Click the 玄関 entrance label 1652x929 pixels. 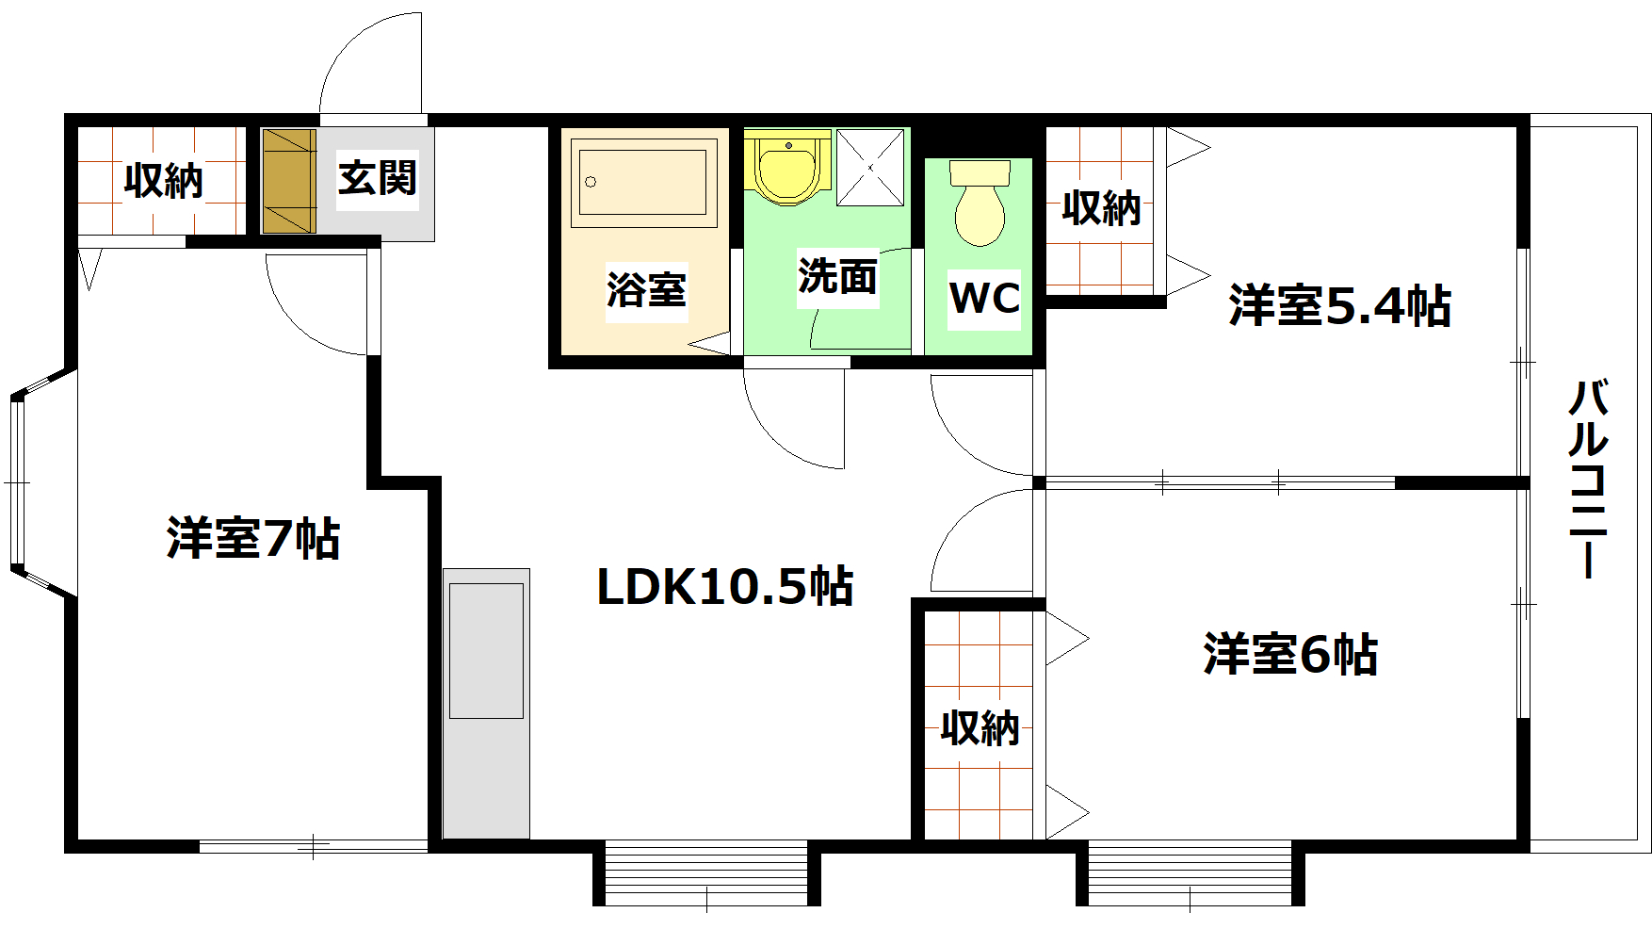point(377,178)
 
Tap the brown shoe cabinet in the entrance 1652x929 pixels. point(288,181)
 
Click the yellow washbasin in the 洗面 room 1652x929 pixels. point(787,170)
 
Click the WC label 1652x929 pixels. point(984,299)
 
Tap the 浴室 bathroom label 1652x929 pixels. point(646,290)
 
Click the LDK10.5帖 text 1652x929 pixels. point(725,587)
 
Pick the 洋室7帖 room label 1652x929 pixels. point(253,539)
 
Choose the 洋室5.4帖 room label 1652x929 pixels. point(1338,306)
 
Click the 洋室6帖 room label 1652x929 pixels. point(1289,655)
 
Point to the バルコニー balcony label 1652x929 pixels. point(1588,478)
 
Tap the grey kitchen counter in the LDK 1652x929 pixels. point(486,702)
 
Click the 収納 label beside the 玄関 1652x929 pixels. point(164,180)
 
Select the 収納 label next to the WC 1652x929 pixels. point(1101,207)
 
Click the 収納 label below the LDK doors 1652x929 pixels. point(980,728)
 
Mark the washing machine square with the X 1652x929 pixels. point(870,168)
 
